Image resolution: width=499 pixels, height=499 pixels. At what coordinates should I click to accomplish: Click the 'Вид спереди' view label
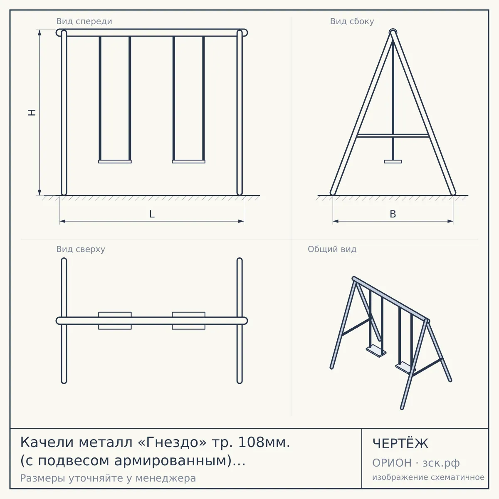pos(84,21)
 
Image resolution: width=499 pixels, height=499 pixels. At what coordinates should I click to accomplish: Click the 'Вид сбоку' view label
pos(352,21)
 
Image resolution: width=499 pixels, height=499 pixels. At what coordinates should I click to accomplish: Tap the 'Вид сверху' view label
pos(81,249)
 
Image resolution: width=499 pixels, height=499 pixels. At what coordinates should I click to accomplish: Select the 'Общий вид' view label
pos(332,249)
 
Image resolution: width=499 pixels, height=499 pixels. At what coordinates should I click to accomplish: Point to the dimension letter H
pos(32,112)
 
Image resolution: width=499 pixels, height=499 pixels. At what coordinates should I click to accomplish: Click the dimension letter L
pos(152,214)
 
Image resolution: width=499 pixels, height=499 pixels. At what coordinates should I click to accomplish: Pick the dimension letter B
pos(393,214)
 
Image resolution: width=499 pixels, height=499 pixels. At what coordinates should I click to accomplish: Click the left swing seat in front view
pos(115,162)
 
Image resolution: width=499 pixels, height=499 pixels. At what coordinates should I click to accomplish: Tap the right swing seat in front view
pos(188,162)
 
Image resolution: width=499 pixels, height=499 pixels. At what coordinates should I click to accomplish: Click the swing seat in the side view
pos(393,162)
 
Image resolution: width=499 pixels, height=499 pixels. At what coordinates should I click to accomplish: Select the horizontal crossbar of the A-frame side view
pos(393,136)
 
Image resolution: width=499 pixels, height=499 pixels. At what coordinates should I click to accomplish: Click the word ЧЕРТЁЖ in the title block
pos(400,444)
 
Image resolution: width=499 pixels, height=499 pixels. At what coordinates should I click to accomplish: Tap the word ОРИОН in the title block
pos(392,463)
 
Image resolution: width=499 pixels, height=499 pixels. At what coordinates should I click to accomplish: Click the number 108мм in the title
pos(264,442)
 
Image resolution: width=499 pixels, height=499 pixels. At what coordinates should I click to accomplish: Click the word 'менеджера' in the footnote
pos(166,478)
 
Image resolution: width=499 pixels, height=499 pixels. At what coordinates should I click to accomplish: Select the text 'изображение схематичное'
pos(428,477)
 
